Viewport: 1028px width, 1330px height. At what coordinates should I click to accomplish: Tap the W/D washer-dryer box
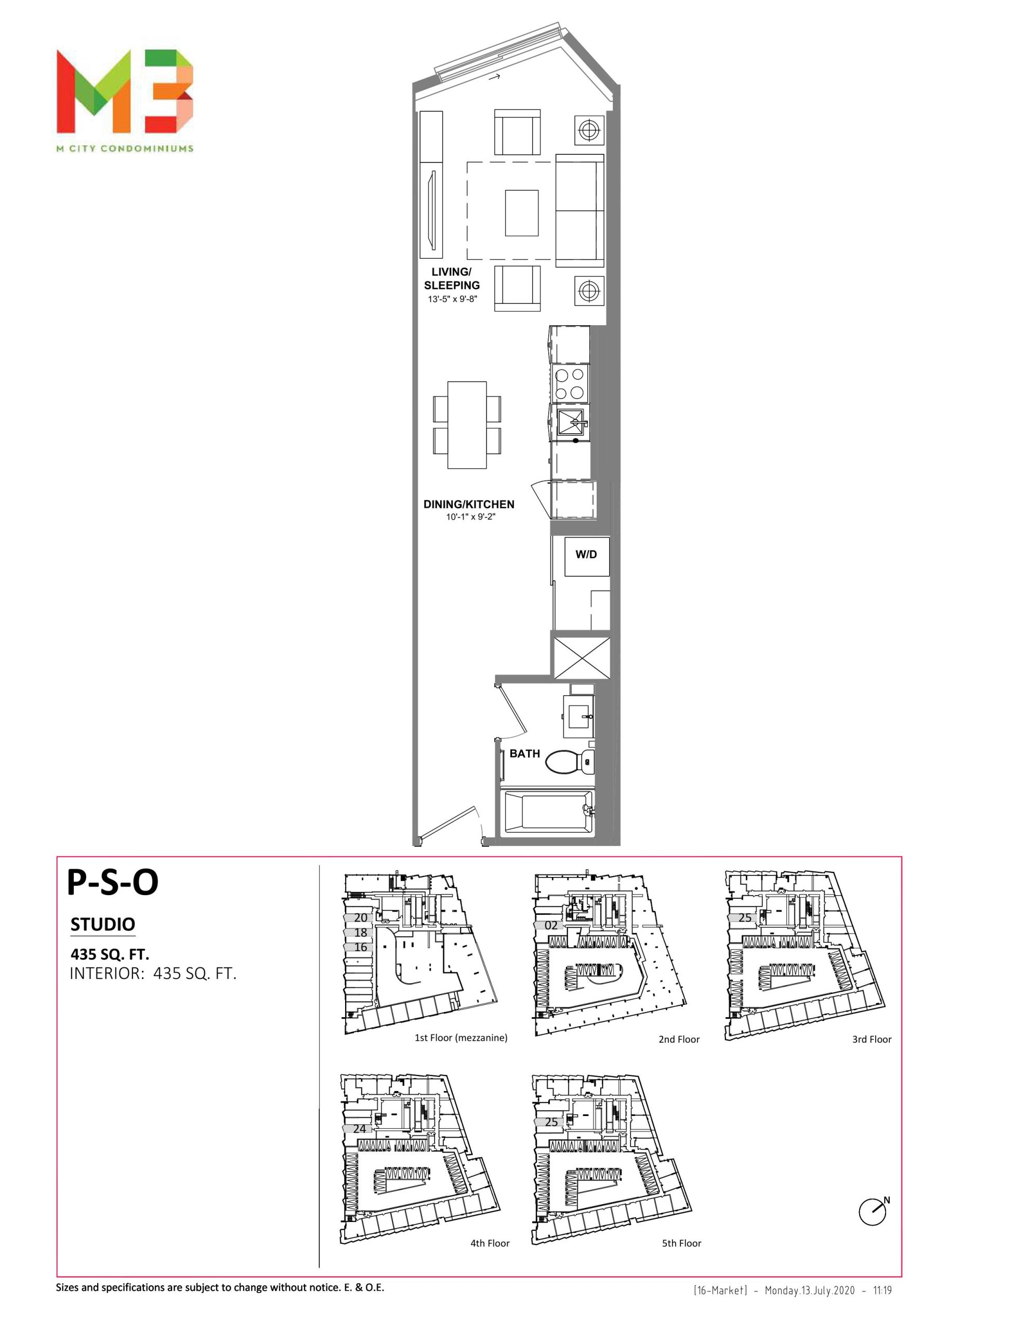pyautogui.click(x=586, y=555)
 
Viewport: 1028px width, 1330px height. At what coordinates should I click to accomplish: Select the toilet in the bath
pyautogui.click(x=569, y=761)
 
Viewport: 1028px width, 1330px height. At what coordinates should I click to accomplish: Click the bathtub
pyautogui.click(x=547, y=813)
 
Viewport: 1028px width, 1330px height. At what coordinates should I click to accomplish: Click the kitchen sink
pyautogui.click(x=570, y=424)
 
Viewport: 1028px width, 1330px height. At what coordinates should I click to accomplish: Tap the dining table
pyautogui.click(x=467, y=425)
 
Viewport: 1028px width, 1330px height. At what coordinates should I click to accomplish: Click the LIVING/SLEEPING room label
pyautogui.click(x=452, y=278)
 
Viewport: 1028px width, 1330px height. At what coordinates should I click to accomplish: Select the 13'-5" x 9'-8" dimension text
pyautogui.click(x=452, y=299)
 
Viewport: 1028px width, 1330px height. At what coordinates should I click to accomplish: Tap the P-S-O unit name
pyautogui.click(x=113, y=881)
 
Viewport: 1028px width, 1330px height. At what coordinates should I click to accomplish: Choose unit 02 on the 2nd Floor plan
pyautogui.click(x=551, y=925)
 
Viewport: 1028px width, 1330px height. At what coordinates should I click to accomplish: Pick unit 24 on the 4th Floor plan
pyautogui.click(x=360, y=1128)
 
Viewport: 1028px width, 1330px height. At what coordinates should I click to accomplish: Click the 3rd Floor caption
pyautogui.click(x=872, y=1040)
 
